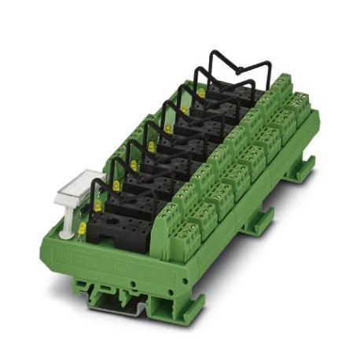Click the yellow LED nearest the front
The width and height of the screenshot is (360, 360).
pyautogui.click(x=81, y=229)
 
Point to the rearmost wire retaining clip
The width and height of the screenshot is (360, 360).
pyautogui.click(x=236, y=69)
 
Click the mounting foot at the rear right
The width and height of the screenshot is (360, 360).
pyautogui.click(x=303, y=169)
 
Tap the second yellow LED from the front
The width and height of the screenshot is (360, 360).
pyautogui.click(x=98, y=206)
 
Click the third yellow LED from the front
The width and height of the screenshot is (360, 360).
pyautogui.click(x=116, y=186)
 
